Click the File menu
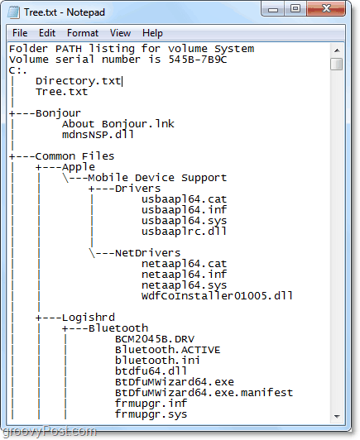click(x=20, y=33)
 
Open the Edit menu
click(x=47, y=33)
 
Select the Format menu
click(x=83, y=33)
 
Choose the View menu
click(x=120, y=33)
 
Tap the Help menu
click(x=152, y=33)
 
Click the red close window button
click(x=326, y=9)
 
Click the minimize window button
click(x=272, y=9)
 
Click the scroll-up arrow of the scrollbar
click(x=337, y=50)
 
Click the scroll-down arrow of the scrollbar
click(x=337, y=417)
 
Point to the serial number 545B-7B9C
click(x=198, y=60)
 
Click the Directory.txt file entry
click(x=78, y=81)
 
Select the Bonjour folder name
click(x=58, y=113)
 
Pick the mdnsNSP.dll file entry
click(x=98, y=135)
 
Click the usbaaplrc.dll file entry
click(x=184, y=232)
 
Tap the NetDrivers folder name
click(x=147, y=253)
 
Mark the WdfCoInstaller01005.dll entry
click(x=217, y=296)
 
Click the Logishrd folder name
click(x=89, y=318)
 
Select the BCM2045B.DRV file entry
click(x=155, y=339)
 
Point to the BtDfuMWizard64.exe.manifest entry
click(x=204, y=393)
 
